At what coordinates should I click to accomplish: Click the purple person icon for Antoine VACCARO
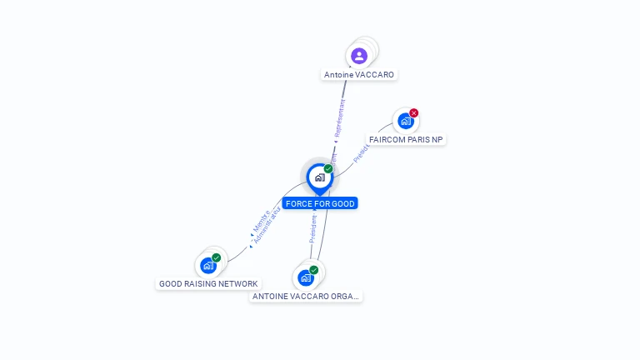[x=359, y=56]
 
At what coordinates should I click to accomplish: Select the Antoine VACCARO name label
[x=359, y=75]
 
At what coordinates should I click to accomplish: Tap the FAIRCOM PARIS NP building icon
[x=405, y=121]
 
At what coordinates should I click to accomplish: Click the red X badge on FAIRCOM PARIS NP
[x=414, y=113]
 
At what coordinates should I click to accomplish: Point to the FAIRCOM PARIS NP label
[x=406, y=140]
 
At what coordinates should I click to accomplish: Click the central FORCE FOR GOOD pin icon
[x=319, y=177]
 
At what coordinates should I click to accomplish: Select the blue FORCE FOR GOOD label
[x=319, y=203]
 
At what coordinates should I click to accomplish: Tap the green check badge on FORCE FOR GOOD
[x=328, y=168]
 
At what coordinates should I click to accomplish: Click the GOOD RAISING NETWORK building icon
[x=207, y=266]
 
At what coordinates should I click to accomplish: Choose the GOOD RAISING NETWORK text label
[x=208, y=284]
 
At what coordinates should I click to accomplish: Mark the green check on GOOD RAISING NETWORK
[x=217, y=257]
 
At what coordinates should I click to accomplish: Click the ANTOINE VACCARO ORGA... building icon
[x=306, y=277]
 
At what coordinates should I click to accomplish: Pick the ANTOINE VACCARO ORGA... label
[x=307, y=297]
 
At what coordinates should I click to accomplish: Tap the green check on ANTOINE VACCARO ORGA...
[x=314, y=269]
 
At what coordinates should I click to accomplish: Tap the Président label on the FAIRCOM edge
[x=360, y=152]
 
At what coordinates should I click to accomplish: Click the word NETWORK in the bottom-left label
[x=237, y=284]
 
